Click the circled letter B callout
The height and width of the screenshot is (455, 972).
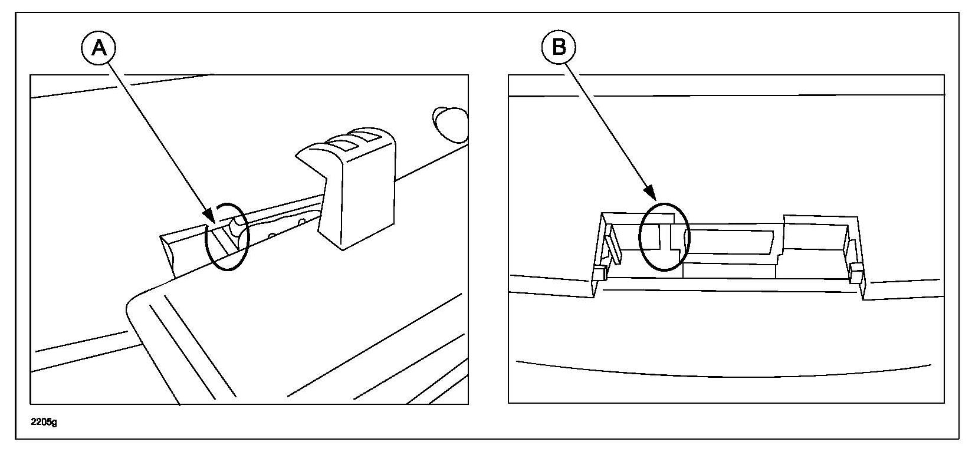point(559,47)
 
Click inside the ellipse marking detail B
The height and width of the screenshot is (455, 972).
point(664,237)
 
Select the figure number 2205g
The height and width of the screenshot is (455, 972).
point(45,422)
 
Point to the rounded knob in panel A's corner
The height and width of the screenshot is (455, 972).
point(449,123)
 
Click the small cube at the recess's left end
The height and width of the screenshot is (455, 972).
point(599,273)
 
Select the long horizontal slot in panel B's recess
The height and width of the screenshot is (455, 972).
point(731,242)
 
